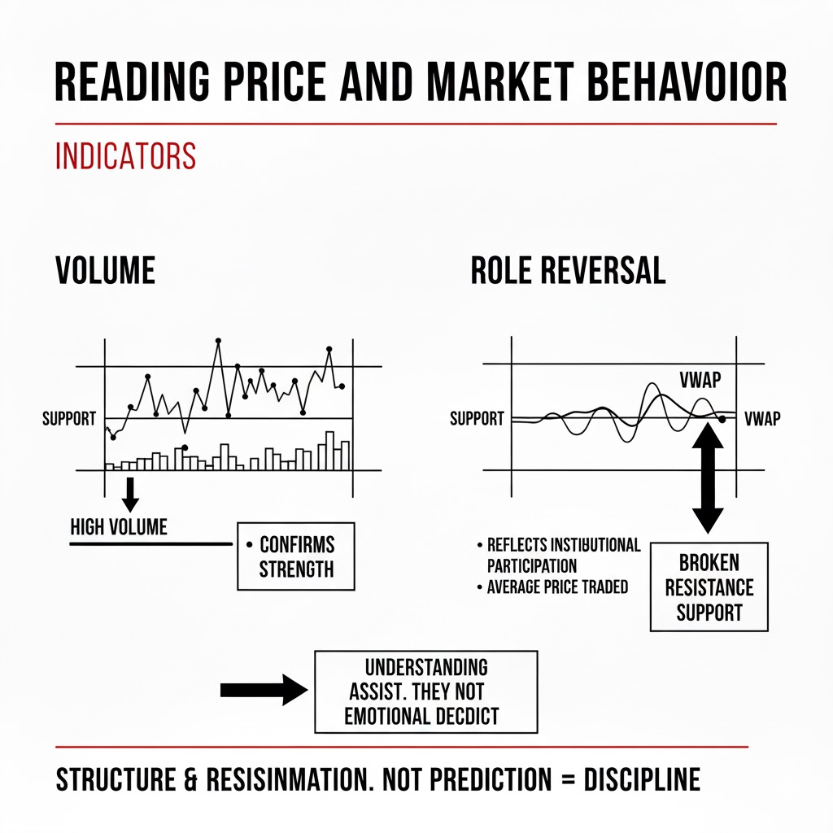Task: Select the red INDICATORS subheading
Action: tap(125, 155)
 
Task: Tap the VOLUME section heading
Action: tap(105, 271)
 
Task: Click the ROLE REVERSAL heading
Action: tap(568, 271)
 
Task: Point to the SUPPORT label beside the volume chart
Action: tap(69, 419)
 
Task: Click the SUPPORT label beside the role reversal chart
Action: tap(477, 419)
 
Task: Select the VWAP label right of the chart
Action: tap(761, 419)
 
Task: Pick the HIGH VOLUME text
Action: tap(119, 527)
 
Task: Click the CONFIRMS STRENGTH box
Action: tap(296, 556)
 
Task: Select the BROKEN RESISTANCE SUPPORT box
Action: tap(709, 587)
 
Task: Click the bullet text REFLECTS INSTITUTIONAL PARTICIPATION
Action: tap(561, 555)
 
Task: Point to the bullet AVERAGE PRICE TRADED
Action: tap(556, 587)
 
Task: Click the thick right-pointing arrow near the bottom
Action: tap(263, 690)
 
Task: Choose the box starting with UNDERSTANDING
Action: tap(425, 691)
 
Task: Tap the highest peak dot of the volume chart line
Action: tap(218, 340)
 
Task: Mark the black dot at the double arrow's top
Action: tap(722, 420)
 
